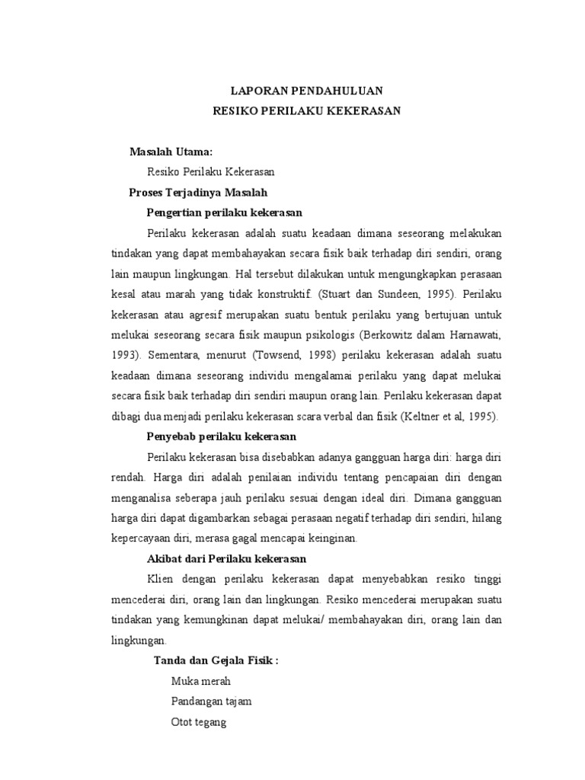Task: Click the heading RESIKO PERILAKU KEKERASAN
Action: pyautogui.click(x=306, y=110)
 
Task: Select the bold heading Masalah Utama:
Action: pyautogui.click(x=171, y=153)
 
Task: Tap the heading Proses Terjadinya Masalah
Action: pyautogui.click(x=198, y=193)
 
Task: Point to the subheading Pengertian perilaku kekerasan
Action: pyautogui.click(x=225, y=213)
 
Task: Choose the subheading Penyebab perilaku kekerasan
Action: pyautogui.click(x=221, y=436)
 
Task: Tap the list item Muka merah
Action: pyautogui.click(x=201, y=681)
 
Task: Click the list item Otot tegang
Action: pyautogui.click(x=199, y=721)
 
